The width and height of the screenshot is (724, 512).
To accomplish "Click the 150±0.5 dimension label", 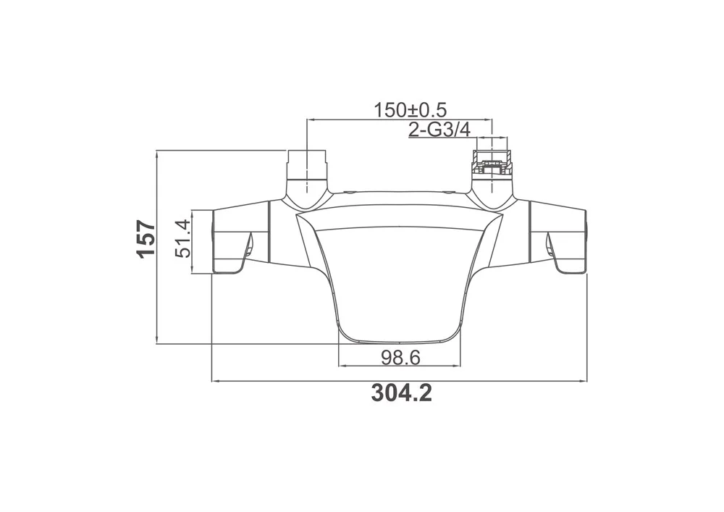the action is [x=410, y=110].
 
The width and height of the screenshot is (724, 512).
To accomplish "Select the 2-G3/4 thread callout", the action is [x=439, y=130].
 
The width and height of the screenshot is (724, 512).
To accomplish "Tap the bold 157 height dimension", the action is [x=146, y=239].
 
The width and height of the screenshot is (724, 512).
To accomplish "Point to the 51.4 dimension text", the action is [x=183, y=239].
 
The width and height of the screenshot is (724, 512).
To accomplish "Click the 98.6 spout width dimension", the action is [x=400, y=357].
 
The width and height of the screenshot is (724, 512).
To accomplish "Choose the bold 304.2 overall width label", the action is [x=402, y=393].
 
